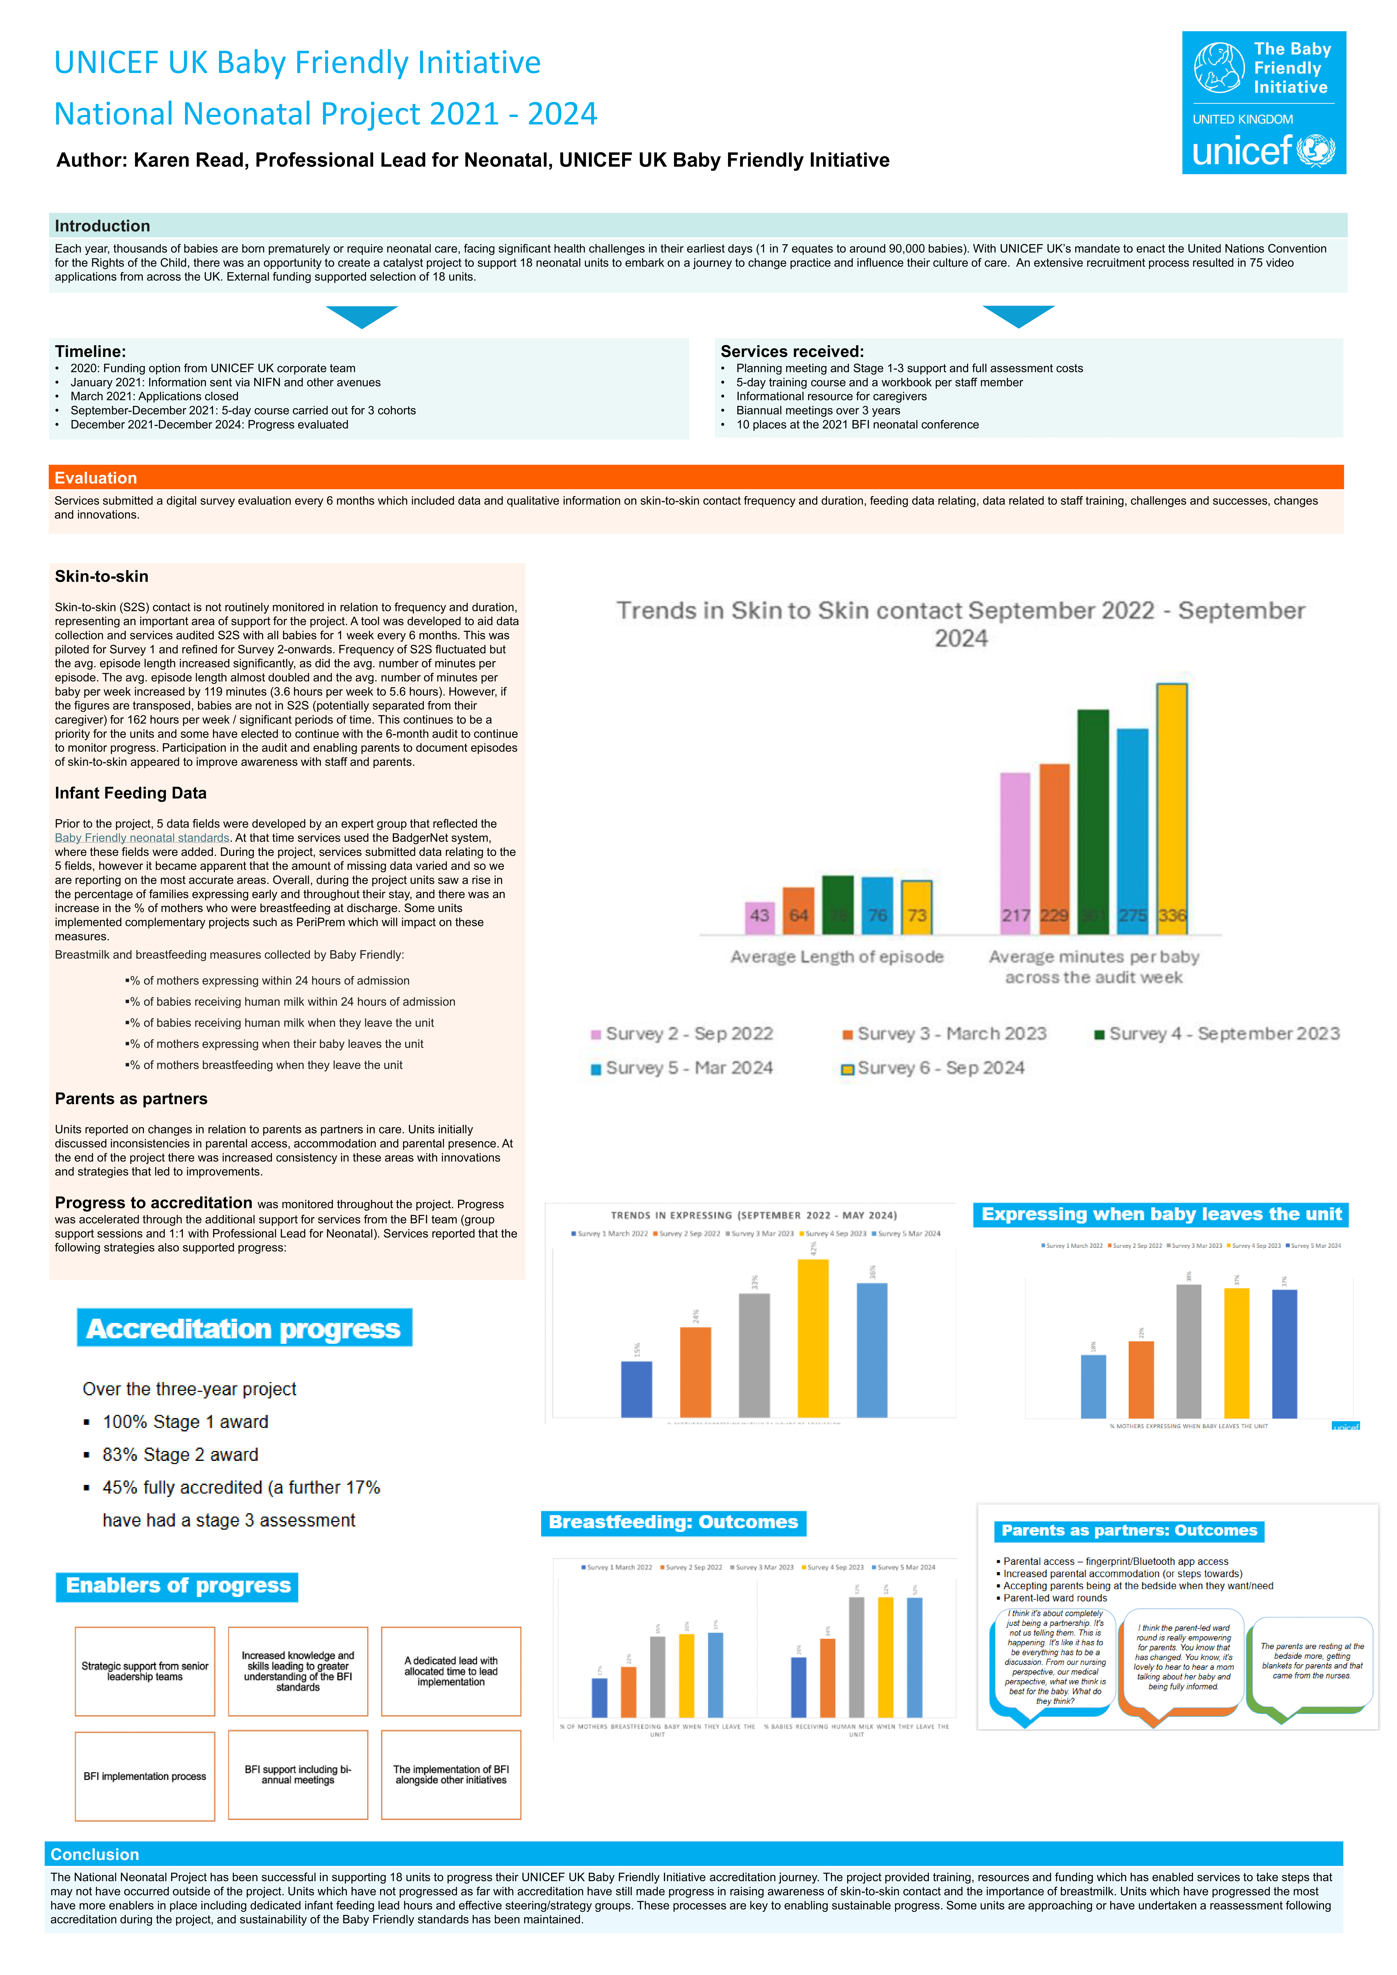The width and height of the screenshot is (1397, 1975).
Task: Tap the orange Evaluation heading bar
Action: coord(695,477)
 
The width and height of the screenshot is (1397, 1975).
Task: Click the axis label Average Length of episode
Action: coord(836,956)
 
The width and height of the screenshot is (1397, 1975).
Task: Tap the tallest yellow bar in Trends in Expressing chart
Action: coord(813,1338)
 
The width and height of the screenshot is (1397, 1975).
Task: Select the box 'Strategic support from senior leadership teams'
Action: coord(145,1671)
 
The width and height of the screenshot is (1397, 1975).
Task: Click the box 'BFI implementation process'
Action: coord(145,1776)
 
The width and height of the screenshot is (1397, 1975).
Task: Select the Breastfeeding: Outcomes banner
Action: coord(674,1522)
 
